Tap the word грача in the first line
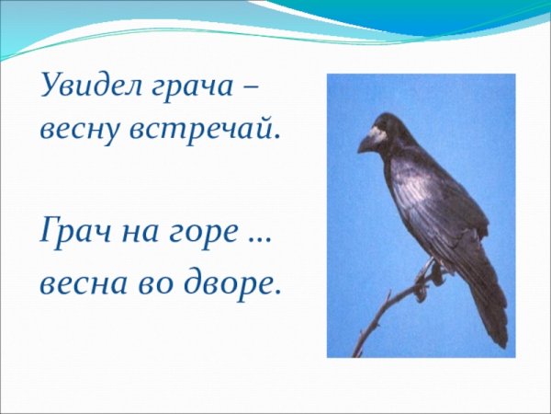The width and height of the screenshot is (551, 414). [190, 90]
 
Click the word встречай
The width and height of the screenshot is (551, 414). [201, 131]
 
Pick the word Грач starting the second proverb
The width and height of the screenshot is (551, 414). [73, 232]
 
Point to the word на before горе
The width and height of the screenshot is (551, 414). [139, 234]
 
